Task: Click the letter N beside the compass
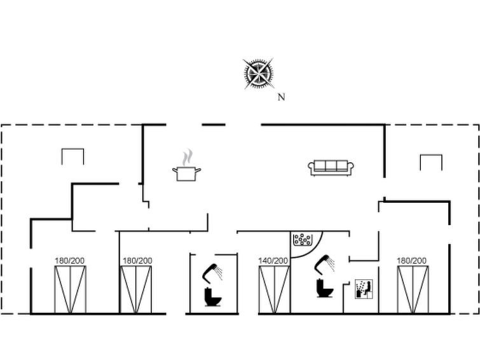tap(282, 97)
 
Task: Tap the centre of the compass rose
tap(258, 74)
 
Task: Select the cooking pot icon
tap(186, 174)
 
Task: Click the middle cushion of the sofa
tap(331, 166)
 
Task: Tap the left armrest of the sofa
tap(312, 167)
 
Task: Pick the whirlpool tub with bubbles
tap(302, 240)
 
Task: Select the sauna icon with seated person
tap(364, 289)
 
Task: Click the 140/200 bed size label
tap(273, 261)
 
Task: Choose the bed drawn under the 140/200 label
tap(274, 290)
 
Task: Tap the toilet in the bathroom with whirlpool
tap(324, 288)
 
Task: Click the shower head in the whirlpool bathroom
tap(324, 264)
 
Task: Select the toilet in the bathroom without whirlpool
tap(212, 297)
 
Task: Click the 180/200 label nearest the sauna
tap(411, 261)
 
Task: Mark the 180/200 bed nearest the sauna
tap(413, 290)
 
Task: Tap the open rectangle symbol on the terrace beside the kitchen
tap(72, 156)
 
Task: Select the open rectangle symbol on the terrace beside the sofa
tap(431, 163)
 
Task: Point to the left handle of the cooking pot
tap(175, 169)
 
